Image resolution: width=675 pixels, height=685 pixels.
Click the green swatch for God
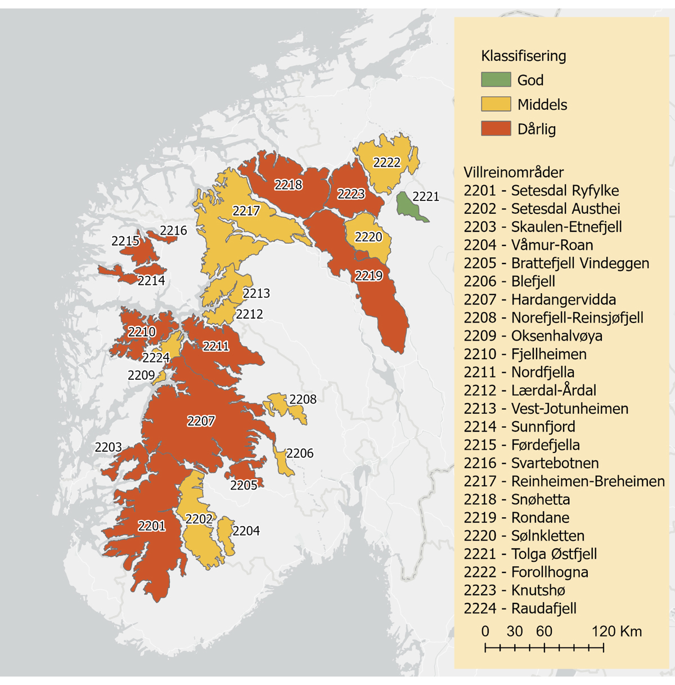tap(496, 80)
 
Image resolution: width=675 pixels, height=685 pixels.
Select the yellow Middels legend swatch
tap(496, 104)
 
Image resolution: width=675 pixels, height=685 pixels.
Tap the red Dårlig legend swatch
tap(496, 129)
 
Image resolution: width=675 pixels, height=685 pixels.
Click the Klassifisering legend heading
tap(523, 56)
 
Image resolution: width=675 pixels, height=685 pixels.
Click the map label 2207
tap(201, 421)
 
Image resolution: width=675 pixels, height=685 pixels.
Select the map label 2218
tap(288, 185)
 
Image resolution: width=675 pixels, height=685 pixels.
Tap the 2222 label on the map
tap(387, 163)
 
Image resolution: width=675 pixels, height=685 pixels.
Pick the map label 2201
tap(152, 526)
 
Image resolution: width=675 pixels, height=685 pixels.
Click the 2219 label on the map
tap(368, 276)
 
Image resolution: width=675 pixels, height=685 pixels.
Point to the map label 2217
tap(246, 211)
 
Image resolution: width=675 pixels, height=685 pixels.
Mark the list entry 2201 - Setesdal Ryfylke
tap(541, 190)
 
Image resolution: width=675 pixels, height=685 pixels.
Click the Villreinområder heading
tap(513, 172)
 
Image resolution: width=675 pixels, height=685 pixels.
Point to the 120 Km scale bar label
tap(616, 632)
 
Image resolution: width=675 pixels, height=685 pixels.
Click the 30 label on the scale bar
tap(514, 632)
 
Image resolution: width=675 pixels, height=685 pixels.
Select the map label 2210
tap(142, 332)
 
